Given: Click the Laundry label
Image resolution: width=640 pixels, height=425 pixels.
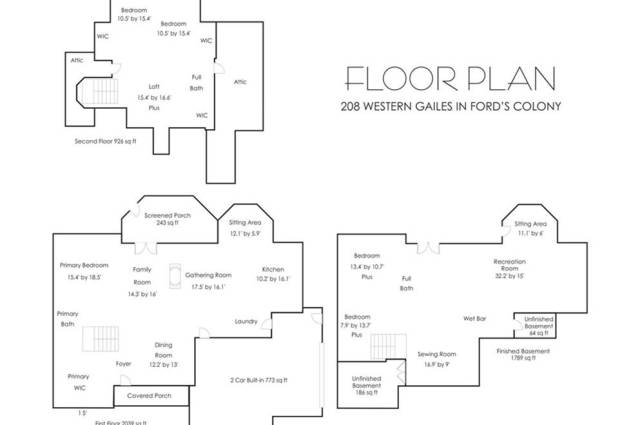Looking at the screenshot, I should tap(247, 322).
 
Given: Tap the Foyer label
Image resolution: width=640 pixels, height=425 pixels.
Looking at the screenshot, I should tap(124, 364).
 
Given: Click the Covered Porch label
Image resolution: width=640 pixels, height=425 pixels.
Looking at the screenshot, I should tap(149, 396).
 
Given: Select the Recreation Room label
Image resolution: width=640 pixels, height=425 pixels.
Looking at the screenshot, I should tap(510, 268).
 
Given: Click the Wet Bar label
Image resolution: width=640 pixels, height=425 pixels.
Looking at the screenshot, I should tap(474, 319).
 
